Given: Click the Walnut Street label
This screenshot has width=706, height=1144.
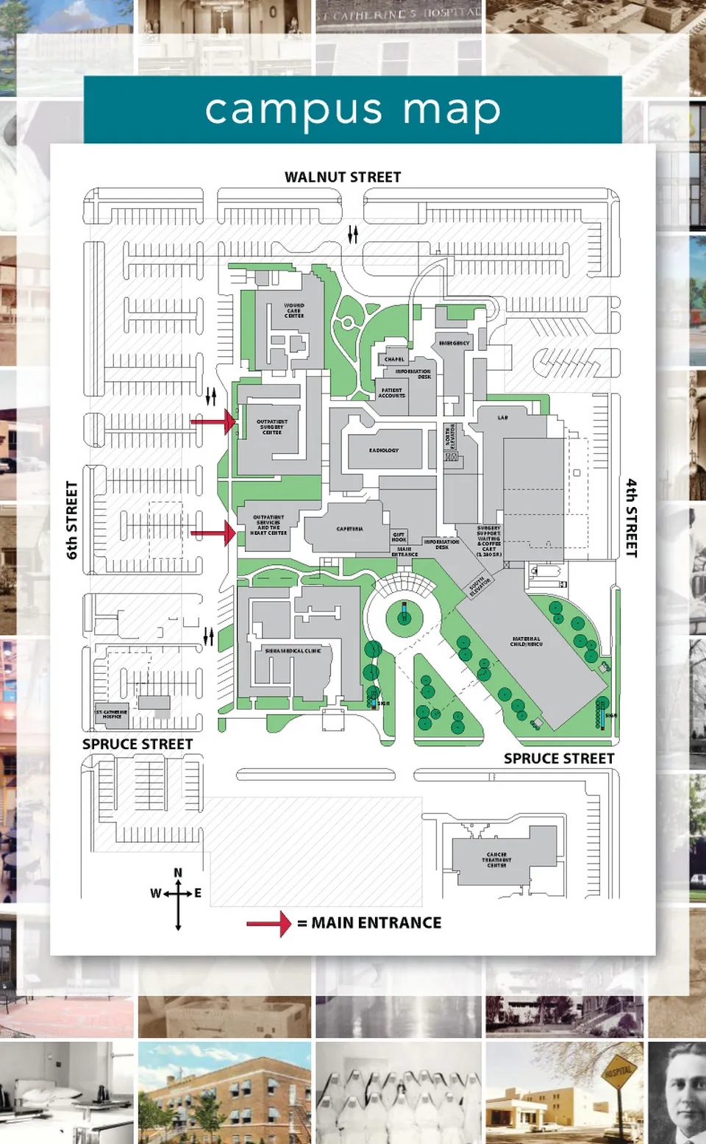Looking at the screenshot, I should (x=343, y=177).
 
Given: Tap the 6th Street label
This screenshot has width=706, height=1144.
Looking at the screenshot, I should (x=72, y=520).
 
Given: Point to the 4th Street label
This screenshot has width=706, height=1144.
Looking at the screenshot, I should (x=632, y=518).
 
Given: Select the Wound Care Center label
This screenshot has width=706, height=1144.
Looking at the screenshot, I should (x=294, y=310).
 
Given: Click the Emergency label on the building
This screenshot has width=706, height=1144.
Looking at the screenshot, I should (x=454, y=343).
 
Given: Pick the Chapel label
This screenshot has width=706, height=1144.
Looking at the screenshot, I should (x=394, y=359).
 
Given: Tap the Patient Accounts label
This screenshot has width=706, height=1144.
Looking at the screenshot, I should (x=391, y=393).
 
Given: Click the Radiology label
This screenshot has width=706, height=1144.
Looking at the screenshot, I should (x=384, y=450).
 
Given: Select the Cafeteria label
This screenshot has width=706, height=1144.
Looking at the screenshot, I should (x=349, y=529).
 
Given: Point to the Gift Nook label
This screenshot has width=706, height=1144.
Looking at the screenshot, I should (x=399, y=537).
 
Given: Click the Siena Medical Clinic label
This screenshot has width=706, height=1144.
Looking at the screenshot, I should (x=293, y=651).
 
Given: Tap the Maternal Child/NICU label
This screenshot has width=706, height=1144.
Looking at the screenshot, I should (x=527, y=642).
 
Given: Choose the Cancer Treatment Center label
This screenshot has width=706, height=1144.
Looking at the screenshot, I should (x=496, y=859).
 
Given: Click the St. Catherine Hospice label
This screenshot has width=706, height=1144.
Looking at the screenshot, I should (x=112, y=714).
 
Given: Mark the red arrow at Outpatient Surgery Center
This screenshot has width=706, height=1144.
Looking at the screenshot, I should (x=213, y=422).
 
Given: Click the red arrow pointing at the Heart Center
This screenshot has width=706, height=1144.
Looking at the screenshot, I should (x=213, y=532).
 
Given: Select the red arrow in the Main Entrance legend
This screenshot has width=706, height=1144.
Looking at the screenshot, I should (x=269, y=923).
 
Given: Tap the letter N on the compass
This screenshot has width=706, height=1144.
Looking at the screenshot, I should (x=178, y=873).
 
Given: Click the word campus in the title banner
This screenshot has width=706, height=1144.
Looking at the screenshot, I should (x=293, y=110).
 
